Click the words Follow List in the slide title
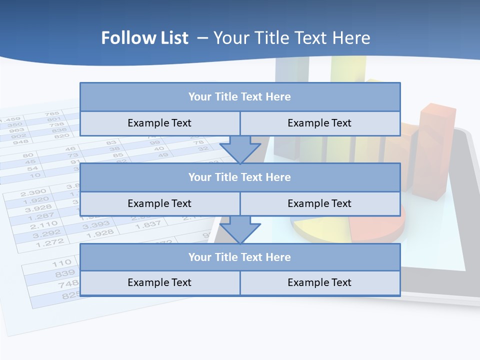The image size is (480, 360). (145, 38)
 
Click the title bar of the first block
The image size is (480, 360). (239, 97)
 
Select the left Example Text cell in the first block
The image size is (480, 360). (159, 123)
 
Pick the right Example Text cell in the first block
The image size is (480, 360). (319, 123)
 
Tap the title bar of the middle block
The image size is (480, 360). (239, 177)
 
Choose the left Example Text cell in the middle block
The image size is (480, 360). (159, 203)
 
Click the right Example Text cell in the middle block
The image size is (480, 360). (319, 203)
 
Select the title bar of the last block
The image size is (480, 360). (239, 257)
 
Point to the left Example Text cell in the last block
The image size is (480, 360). (159, 282)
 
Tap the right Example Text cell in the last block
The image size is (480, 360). (319, 282)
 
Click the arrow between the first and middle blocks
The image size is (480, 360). (240, 149)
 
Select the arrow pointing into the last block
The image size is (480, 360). (240, 229)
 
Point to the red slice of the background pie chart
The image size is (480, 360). (377, 228)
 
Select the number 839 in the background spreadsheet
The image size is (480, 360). (65, 273)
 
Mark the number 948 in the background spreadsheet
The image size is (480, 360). (20, 141)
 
